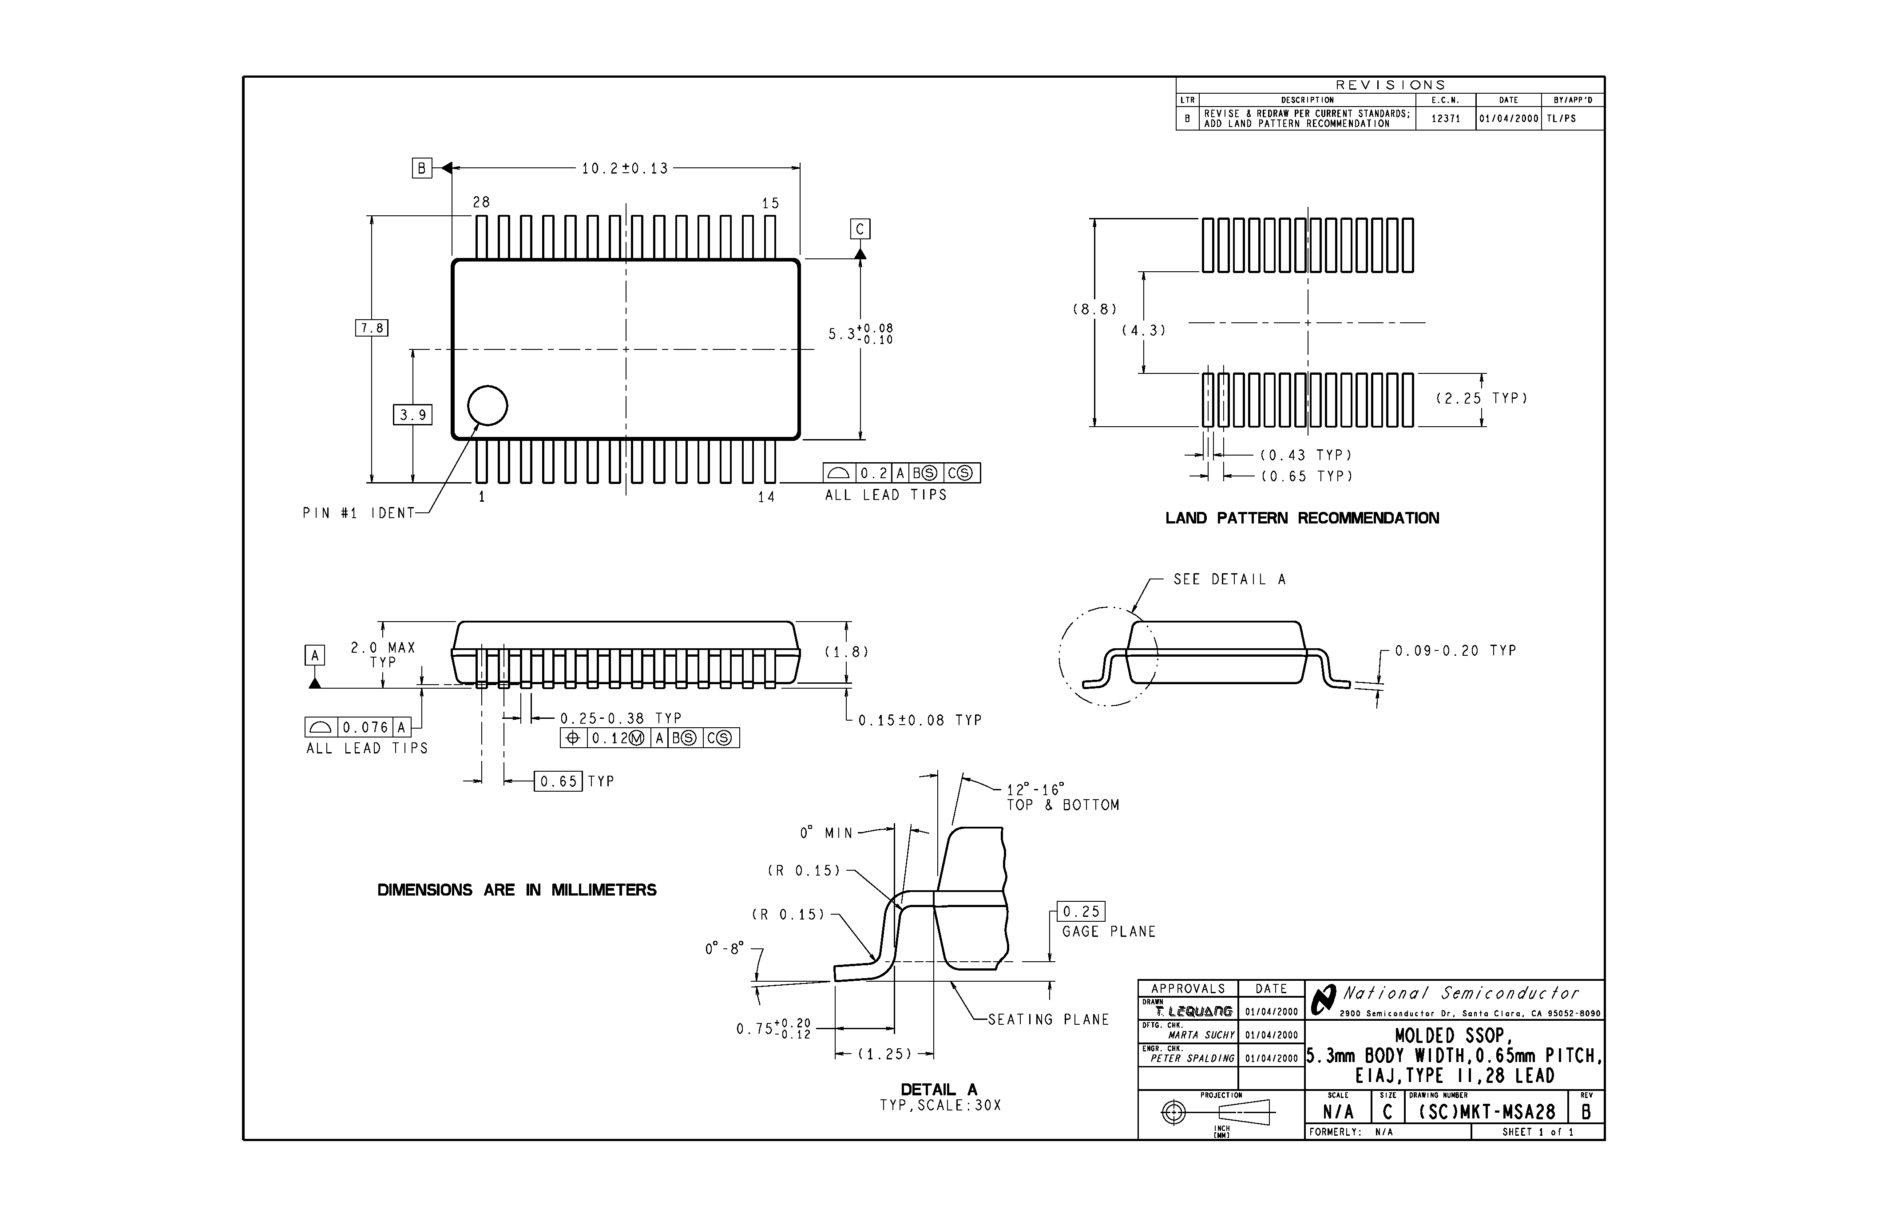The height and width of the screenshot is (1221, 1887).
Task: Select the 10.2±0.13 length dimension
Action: tap(625, 168)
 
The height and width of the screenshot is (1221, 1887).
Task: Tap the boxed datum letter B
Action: tap(422, 168)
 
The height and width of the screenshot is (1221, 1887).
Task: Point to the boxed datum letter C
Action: tap(860, 229)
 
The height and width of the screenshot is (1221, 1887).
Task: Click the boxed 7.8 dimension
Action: tap(372, 328)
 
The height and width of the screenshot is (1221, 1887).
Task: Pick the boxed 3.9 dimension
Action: tap(412, 415)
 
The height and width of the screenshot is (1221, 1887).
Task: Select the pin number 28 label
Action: tap(481, 203)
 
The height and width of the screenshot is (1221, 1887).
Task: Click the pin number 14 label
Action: tap(766, 497)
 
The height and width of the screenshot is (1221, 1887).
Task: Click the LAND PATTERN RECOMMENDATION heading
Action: tap(1302, 519)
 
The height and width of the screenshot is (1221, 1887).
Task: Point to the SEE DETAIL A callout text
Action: tap(1230, 579)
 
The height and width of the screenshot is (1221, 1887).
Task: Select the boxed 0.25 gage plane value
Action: tap(1082, 912)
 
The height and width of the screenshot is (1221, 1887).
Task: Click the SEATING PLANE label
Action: tap(1048, 1019)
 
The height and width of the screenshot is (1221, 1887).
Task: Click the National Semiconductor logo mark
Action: tap(1323, 1001)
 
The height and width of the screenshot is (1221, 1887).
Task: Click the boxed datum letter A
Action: tap(315, 656)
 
